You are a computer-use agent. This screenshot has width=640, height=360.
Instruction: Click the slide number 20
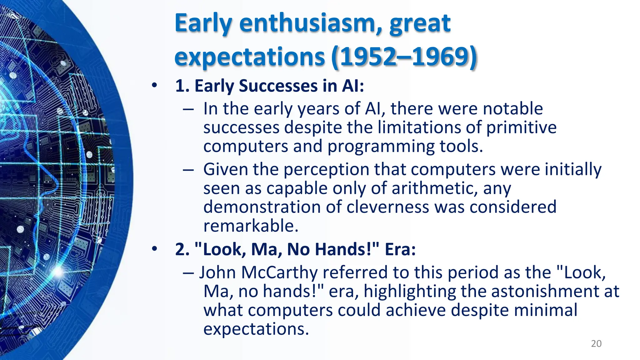click(596, 344)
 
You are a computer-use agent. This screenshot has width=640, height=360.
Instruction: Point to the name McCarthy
click(279, 272)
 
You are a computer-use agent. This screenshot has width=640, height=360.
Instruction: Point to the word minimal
click(545, 310)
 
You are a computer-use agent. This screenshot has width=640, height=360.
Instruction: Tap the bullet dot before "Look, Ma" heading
click(154, 249)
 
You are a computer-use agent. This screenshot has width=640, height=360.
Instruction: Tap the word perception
click(326, 170)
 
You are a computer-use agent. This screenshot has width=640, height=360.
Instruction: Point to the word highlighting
click(409, 292)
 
